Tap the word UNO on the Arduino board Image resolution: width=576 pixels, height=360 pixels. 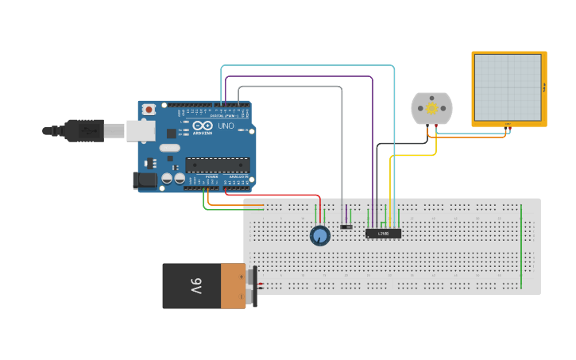226,126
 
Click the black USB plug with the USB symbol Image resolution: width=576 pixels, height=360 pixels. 83,130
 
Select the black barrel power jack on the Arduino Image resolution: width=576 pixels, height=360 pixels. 146,180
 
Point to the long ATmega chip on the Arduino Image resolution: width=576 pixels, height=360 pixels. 218,165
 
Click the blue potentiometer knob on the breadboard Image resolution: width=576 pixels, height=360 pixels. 319,235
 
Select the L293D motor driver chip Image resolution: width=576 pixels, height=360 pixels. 383,233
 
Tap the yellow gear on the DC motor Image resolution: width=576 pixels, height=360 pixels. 431,108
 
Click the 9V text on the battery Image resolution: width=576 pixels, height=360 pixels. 196,286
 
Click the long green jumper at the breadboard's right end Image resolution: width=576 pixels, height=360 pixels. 521,246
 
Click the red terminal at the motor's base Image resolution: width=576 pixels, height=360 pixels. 435,126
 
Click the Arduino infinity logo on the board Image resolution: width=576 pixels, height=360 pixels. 202,126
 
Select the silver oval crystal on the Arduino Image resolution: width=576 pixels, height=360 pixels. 169,147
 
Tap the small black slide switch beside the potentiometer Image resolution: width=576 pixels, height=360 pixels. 346,227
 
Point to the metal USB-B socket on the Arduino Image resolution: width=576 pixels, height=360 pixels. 141,130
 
